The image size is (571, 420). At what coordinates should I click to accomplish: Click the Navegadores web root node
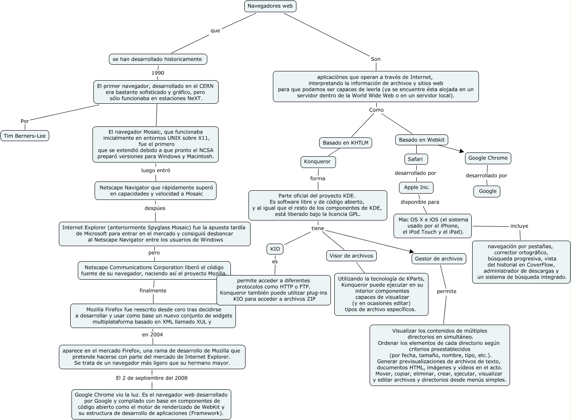click(x=270, y=6)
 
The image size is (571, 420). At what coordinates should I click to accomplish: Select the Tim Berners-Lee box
click(x=25, y=136)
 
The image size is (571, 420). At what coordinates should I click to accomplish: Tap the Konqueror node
click(x=317, y=162)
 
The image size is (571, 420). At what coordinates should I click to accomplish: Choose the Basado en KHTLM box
click(x=345, y=143)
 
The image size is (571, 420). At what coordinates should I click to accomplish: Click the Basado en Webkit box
click(x=422, y=140)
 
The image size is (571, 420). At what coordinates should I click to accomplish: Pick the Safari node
click(x=416, y=159)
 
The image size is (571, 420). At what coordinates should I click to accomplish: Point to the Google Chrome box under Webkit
click(x=488, y=158)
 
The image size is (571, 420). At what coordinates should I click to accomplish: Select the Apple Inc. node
click(x=416, y=188)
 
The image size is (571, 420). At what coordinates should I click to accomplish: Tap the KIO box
click(x=275, y=249)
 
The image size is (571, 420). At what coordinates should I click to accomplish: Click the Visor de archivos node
click(x=351, y=256)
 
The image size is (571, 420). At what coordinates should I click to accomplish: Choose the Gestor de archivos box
click(x=439, y=259)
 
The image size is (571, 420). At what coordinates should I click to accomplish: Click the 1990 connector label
click(x=158, y=73)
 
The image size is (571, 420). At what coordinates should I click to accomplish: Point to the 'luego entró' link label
click(x=156, y=171)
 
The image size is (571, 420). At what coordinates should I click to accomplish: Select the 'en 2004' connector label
click(x=152, y=335)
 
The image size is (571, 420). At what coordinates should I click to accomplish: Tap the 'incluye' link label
click(x=519, y=226)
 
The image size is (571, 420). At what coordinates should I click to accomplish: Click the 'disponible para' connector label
click(x=420, y=202)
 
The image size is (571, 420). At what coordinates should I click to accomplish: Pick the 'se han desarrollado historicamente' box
click(x=158, y=59)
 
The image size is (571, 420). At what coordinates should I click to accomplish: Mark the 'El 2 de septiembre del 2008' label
click(x=152, y=378)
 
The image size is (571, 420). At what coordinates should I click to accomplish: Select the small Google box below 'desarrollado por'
click(x=487, y=192)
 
